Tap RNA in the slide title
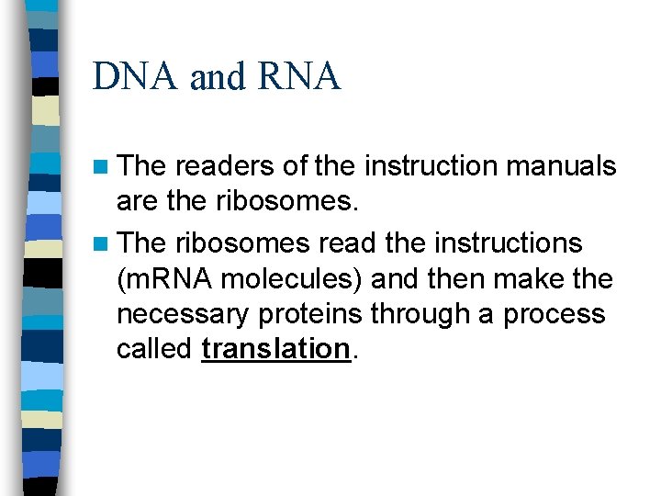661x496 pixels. coord(299,77)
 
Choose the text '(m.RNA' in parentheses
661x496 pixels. coord(165,279)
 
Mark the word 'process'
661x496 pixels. coord(555,314)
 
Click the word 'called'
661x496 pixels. coord(154,349)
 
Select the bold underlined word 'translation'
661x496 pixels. coord(275,349)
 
